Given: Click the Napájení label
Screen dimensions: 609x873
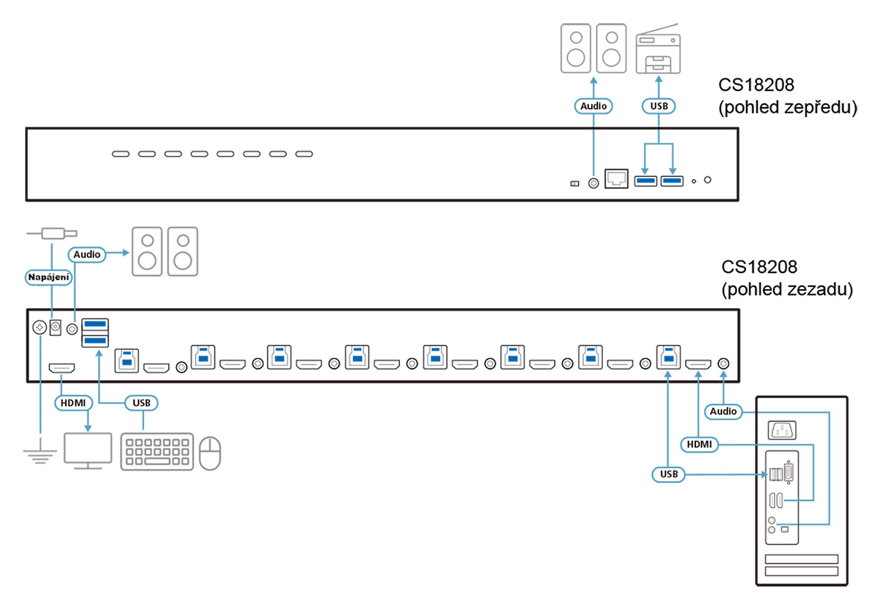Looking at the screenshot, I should click(x=49, y=277).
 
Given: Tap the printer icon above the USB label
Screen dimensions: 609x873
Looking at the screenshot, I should click(x=658, y=49).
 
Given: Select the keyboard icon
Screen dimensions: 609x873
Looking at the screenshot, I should click(x=157, y=452).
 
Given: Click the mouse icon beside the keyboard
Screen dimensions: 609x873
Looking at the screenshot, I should click(x=210, y=453).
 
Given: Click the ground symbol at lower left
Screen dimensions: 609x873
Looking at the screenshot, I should click(x=40, y=454).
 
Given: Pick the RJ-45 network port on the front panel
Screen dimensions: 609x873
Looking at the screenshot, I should click(x=616, y=178).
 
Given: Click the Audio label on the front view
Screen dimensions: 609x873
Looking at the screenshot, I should click(x=593, y=106).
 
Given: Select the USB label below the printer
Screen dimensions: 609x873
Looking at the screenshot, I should click(x=658, y=106).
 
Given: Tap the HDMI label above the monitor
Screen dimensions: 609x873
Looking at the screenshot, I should click(x=74, y=403).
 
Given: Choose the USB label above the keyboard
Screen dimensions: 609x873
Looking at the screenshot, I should click(x=142, y=403).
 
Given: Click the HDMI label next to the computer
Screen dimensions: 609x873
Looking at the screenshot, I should click(x=699, y=444).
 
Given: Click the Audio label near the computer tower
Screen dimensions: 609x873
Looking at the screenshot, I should click(x=723, y=411).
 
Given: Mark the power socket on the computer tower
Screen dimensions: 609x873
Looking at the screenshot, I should click(x=782, y=430).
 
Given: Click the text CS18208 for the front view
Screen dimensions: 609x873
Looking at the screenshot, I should click(x=756, y=85).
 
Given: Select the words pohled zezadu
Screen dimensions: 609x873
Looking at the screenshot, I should click(x=787, y=289).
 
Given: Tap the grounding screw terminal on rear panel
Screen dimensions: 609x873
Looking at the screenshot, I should click(x=39, y=327).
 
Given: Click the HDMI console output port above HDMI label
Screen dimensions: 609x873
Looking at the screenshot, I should click(x=62, y=367).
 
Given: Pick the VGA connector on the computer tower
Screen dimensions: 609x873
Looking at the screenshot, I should click(x=789, y=473).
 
